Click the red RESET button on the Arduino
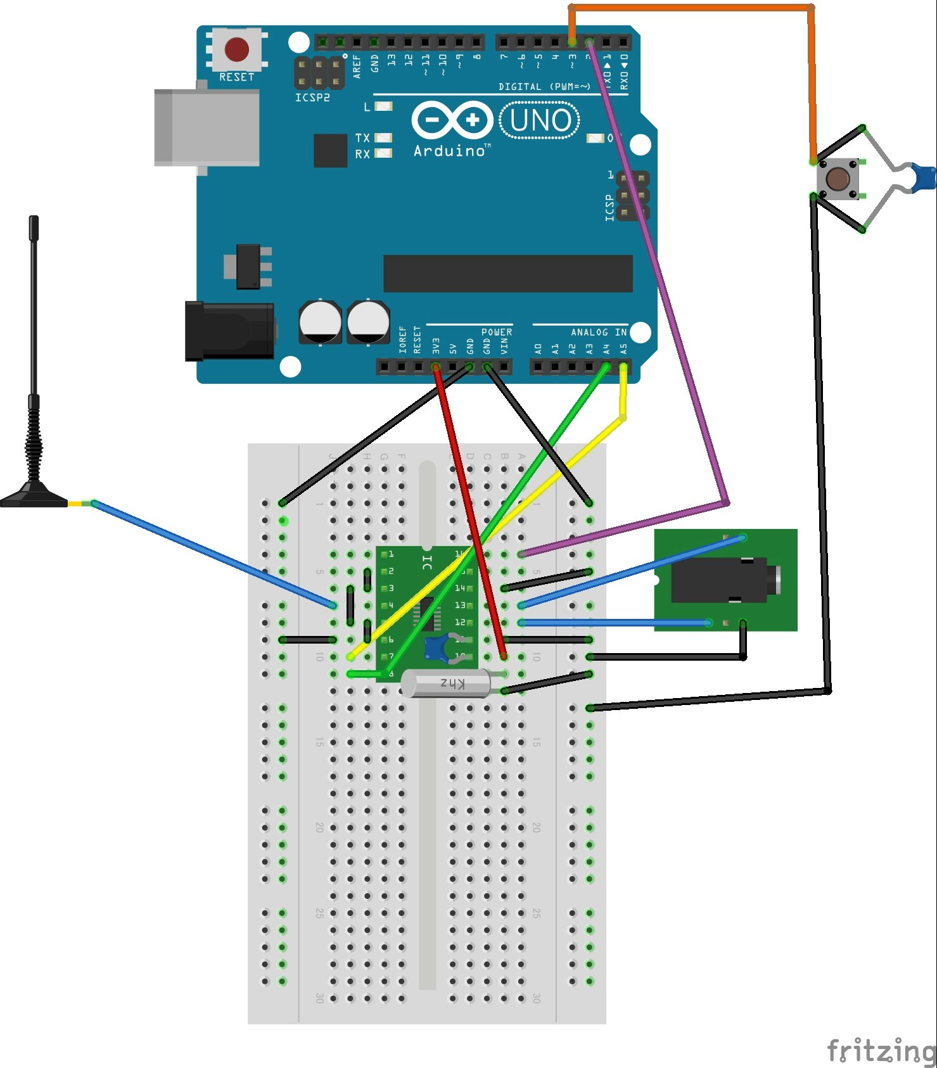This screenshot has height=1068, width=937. pyautogui.click(x=236, y=49)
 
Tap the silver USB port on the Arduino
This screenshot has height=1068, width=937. pyautogui.click(x=207, y=127)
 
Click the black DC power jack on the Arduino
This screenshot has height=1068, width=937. pyautogui.click(x=229, y=331)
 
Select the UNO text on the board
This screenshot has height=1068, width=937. pyautogui.click(x=540, y=120)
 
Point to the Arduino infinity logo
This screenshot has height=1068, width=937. pyautogui.click(x=452, y=120)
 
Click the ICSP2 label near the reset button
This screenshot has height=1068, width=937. pyautogui.click(x=312, y=98)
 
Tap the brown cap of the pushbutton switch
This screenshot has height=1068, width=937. pyautogui.click(x=838, y=179)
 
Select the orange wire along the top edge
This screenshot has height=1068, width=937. pyautogui.click(x=691, y=8)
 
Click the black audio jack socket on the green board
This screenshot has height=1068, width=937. pyautogui.click(x=722, y=580)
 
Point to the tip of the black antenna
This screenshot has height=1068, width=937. pyautogui.click(x=34, y=220)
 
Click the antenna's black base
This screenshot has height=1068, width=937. pyautogui.click(x=33, y=497)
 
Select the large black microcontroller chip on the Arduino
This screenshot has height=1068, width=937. pyautogui.click(x=507, y=274)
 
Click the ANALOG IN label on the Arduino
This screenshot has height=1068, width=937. pyautogui.click(x=598, y=332)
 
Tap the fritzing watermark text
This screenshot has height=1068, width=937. pyautogui.click(x=881, y=1050)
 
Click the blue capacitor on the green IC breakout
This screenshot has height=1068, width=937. pyautogui.click(x=437, y=647)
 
